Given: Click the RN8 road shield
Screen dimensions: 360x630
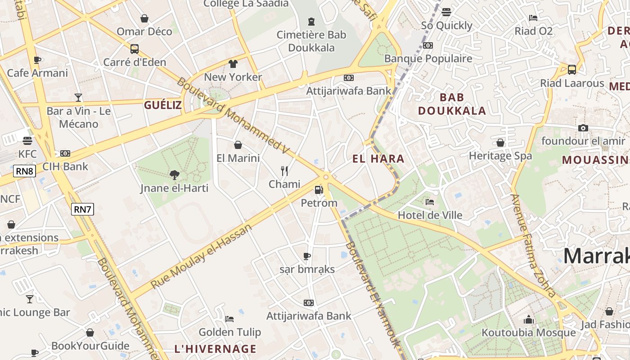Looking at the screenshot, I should (x=24, y=171).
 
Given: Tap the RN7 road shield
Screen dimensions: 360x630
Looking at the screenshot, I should (x=82, y=209).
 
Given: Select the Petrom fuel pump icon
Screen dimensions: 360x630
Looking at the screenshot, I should (x=319, y=190).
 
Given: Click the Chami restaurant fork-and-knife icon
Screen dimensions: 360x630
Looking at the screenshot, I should (x=284, y=171).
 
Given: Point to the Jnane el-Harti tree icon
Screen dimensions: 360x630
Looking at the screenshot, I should (x=174, y=175).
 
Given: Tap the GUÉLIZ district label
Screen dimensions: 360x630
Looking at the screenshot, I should (x=163, y=105).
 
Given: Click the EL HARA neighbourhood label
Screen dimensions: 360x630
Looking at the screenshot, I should (x=378, y=158).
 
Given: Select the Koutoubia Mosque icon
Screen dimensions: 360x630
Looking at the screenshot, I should (x=528, y=319).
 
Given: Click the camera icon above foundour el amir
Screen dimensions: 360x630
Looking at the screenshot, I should (x=583, y=128).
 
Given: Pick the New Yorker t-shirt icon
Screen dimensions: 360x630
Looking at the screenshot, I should (x=233, y=64).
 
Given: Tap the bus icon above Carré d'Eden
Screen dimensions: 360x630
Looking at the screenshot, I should (x=134, y=49).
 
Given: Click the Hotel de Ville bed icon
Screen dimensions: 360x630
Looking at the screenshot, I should (x=430, y=202).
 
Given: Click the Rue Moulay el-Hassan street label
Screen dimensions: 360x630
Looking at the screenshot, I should (x=202, y=256).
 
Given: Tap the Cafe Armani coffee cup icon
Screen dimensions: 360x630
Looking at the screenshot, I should (x=37, y=60).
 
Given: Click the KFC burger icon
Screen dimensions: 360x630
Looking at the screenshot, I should (x=27, y=141).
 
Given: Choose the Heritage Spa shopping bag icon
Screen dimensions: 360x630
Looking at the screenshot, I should (x=500, y=143).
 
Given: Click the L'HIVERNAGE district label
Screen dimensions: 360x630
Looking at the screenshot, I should (x=215, y=349).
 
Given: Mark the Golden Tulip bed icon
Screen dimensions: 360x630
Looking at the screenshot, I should (x=229, y=319).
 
